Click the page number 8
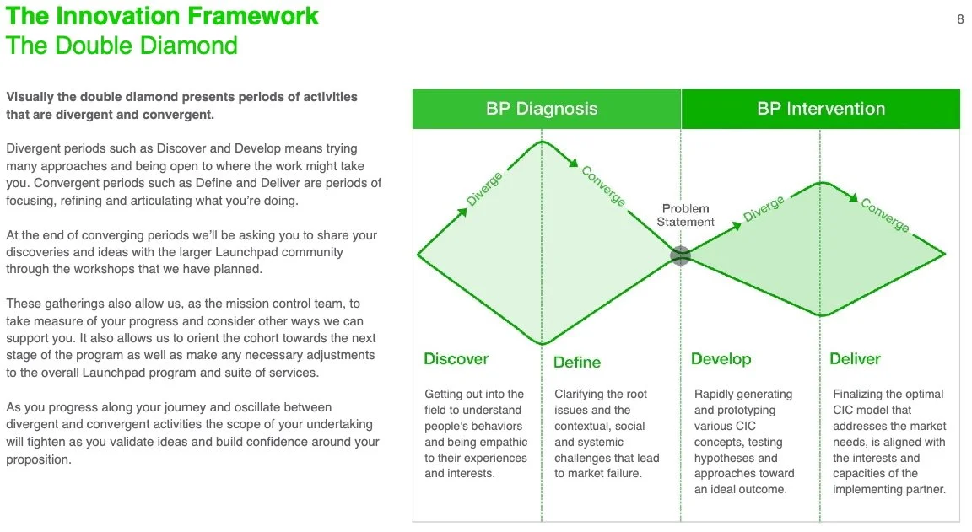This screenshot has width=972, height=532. [960, 19]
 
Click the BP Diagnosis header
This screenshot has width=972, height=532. [542, 109]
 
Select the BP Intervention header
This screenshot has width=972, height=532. [821, 109]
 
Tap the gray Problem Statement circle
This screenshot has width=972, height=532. [680, 255]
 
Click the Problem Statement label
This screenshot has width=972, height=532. [686, 215]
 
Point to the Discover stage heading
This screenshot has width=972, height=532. [456, 359]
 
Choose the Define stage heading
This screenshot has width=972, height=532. [577, 363]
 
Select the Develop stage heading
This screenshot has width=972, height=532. [721, 359]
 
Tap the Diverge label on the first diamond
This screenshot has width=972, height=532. [484, 189]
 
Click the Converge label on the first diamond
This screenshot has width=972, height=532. [603, 185]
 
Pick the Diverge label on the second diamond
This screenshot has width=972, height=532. [764, 208]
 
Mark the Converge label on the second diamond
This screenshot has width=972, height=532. [885, 214]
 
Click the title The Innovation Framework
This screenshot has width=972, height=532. [163, 16]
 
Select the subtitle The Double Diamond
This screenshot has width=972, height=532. [122, 46]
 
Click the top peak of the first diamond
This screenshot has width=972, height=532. [542, 142]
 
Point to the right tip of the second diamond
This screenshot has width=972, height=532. [944, 254]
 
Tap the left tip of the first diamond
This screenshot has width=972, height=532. [418, 254]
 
